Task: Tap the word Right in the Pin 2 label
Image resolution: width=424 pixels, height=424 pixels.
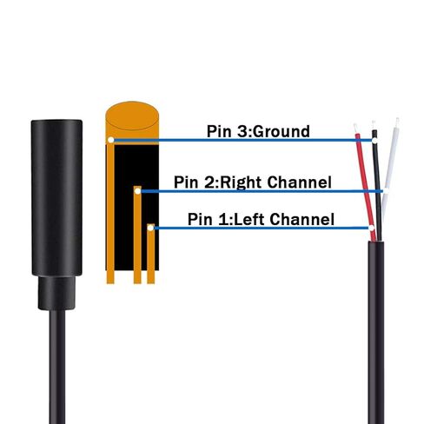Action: (x=242, y=182)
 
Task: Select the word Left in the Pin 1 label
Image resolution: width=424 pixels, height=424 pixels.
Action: (x=248, y=219)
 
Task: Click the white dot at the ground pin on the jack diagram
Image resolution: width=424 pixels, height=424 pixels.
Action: (x=110, y=140)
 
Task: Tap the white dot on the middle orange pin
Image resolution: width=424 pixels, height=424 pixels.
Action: (x=137, y=191)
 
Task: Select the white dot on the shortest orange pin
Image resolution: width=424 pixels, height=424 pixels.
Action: (x=150, y=228)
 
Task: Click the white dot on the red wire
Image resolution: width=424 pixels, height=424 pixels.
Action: (x=372, y=228)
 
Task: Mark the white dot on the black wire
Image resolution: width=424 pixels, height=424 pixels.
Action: (x=374, y=141)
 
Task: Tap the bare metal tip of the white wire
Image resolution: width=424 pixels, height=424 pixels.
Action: (x=397, y=122)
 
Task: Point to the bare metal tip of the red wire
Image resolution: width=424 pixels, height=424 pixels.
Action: (x=355, y=129)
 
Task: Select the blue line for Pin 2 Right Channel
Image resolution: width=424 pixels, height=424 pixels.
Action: (x=261, y=191)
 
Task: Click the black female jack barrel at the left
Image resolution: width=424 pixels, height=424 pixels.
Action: (x=56, y=197)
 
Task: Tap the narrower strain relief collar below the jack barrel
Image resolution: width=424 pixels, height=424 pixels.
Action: (x=56, y=293)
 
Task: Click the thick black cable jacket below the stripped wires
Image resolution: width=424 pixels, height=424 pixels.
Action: (x=376, y=330)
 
